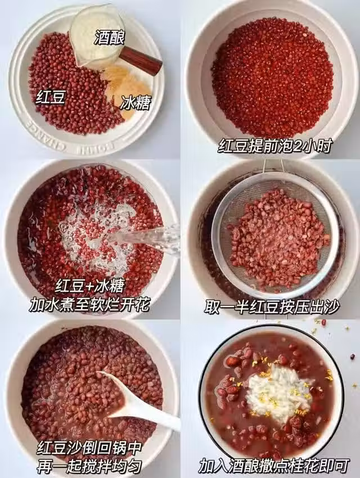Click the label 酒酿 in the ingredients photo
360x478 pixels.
tap(110, 38)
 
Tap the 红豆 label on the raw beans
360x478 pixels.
tap(51, 97)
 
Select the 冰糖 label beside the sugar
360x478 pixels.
tap(136, 103)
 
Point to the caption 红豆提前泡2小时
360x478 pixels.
tap(275, 146)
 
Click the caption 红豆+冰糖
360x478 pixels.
tap(91, 286)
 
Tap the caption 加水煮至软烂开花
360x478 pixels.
tap(89, 304)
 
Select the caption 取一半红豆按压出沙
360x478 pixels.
tap(272, 307)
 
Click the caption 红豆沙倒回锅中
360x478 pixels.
tap(89, 448)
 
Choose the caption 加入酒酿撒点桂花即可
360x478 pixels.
tap(274, 466)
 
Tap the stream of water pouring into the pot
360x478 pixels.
tap(143, 238)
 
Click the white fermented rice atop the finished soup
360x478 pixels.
tap(277, 393)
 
